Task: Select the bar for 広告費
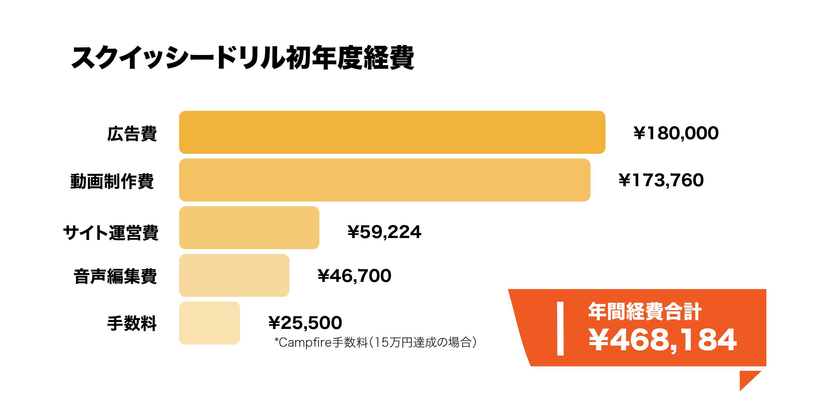click(x=392, y=132)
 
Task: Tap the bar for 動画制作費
click(x=385, y=180)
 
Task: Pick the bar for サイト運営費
click(x=249, y=228)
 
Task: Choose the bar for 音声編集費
click(x=234, y=275)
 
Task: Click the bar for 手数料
click(x=209, y=323)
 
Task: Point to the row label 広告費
click(x=132, y=134)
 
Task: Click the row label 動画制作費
click(x=112, y=181)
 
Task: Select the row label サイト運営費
click(x=111, y=232)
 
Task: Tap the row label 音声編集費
click(x=115, y=276)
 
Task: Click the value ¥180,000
click(x=676, y=133)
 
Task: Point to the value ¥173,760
click(x=661, y=181)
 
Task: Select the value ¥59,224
click(x=384, y=232)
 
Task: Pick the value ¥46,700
click(x=354, y=276)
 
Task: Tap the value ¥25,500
click(x=305, y=323)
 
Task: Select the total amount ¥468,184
click(x=662, y=340)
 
